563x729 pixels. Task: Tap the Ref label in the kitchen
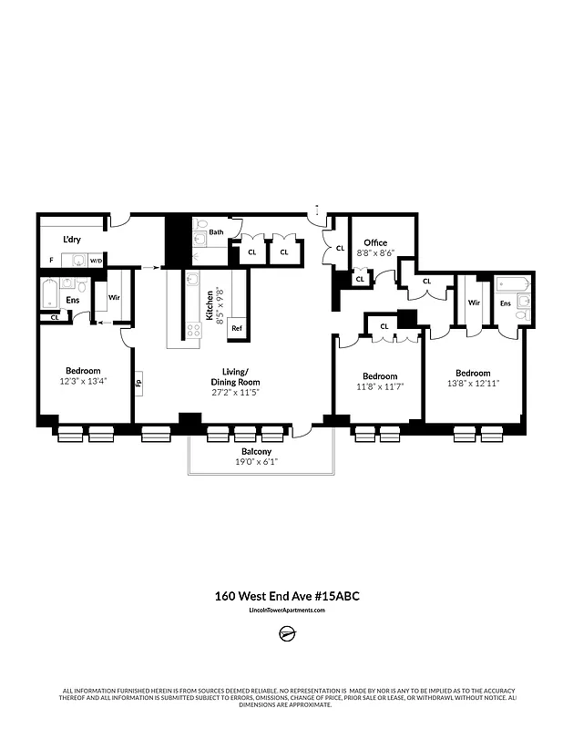click(x=236, y=328)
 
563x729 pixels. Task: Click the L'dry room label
click(x=72, y=240)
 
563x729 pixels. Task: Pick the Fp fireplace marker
click(x=138, y=384)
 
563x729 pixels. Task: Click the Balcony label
click(x=256, y=452)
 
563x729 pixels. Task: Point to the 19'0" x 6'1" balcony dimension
click(x=256, y=462)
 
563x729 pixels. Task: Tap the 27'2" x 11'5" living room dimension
click(x=235, y=393)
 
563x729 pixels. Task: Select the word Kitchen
click(x=210, y=306)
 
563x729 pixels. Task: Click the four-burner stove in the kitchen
click(x=194, y=330)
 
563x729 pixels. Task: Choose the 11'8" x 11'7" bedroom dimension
click(x=379, y=386)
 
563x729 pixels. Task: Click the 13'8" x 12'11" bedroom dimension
click(x=473, y=384)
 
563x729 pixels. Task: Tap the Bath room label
click(x=216, y=232)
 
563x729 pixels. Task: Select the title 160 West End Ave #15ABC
click(x=281, y=597)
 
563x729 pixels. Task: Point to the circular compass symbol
click(x=286, y=634)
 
